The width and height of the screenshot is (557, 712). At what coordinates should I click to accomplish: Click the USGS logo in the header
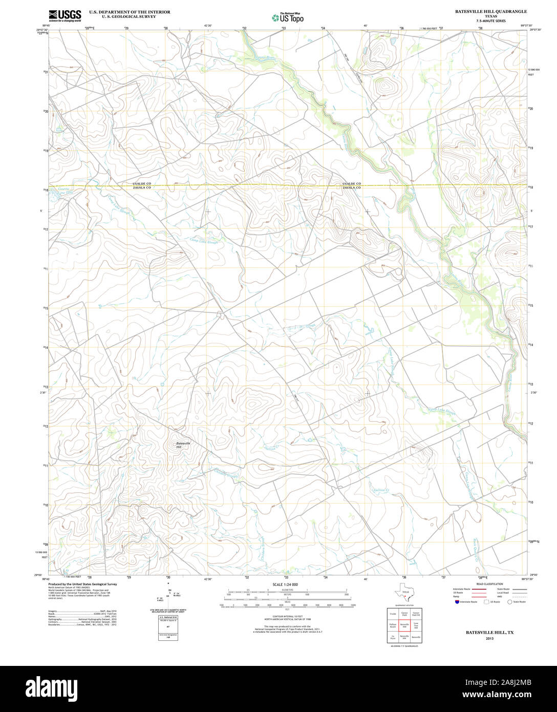click(x=65, y=16)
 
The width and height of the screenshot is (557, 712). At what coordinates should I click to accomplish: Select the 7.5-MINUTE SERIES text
click(x=490, y=21)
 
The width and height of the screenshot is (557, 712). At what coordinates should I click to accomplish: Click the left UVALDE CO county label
click(x=141, y=183)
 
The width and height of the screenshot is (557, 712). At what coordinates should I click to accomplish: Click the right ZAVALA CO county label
click(x=352, y=188)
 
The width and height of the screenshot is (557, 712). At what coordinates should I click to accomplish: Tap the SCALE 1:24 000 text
click(x=285, y=584)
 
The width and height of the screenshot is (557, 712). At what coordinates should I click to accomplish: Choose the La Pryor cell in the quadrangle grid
click(x=393, y=638)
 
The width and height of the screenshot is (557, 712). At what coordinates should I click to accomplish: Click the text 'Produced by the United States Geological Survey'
click(x=83, y=584)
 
